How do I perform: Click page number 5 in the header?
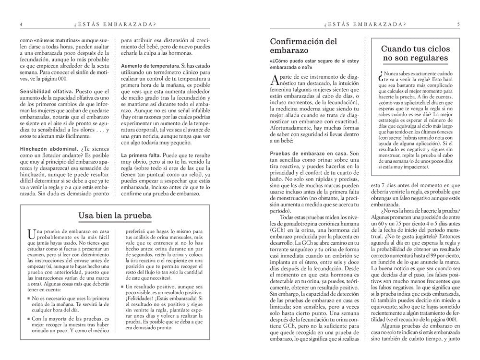point(458,24)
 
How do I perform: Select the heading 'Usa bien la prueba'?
point(115,216)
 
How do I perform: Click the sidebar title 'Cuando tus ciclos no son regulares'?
point(415,53)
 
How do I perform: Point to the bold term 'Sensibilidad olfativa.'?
point(47,91)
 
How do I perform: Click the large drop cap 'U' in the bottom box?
point(31,234)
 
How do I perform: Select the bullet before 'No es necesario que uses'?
point(29,298)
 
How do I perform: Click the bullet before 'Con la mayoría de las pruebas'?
point(29,318)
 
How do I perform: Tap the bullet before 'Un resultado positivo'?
point(122,287)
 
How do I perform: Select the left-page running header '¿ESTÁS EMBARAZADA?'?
point(115,24)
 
